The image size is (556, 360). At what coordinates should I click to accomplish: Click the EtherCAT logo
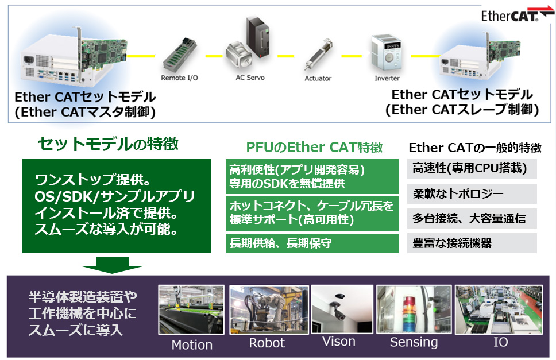tap(517, 14)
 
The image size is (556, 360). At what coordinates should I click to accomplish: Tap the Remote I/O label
tap(179, 78)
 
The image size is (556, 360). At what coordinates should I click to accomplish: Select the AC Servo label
tap(250, 78)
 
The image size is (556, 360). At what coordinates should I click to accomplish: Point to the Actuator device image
tap(318, 55)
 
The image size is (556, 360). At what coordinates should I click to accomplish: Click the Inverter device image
tap(387, 52)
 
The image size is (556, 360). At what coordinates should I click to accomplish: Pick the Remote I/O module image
tap(180, 55)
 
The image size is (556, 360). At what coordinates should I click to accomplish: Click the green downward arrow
tap(112, 265)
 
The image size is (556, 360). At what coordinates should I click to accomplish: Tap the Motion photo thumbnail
tap(191, 309)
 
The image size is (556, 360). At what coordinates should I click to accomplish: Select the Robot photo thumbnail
tap(269, 309)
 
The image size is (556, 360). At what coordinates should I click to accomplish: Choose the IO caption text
tap(500, 342)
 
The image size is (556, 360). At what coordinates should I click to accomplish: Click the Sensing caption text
tap(414, 343)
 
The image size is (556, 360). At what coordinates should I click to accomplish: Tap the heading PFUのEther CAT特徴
tap(315, 147)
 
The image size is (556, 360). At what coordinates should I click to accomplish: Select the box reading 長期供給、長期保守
tap(312, 243)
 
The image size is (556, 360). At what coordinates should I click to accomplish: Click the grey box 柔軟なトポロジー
tap(472, 193)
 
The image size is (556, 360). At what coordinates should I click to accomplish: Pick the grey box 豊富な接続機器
tap(472, 243)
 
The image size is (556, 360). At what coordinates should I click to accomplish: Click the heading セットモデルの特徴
tap(108, 144)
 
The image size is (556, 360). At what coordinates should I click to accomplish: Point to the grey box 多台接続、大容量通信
tap(472, 218)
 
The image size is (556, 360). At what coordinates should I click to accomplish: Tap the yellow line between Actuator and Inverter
tap(352, 56)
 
